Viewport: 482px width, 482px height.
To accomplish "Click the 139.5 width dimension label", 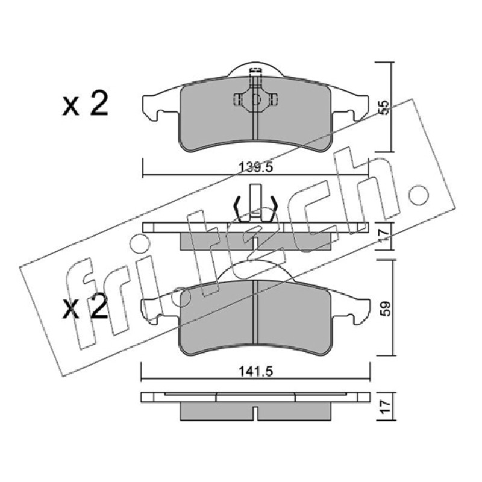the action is point(255,167).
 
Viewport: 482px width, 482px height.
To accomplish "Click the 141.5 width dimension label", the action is point(255,372).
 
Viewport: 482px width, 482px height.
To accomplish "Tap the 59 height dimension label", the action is point(386,308).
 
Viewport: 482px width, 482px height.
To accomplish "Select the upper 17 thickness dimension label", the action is point(384,236).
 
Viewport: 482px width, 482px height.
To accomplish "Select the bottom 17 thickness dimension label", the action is point(386,406).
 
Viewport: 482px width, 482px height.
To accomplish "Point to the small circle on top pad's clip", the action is point(255,99).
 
